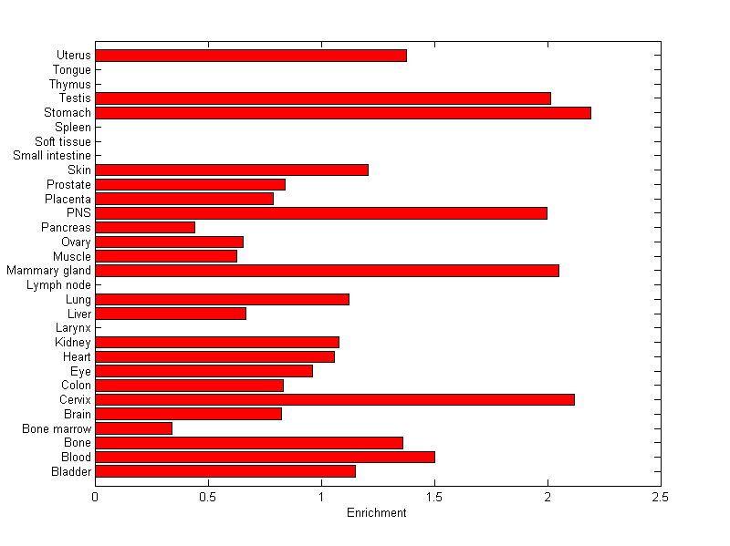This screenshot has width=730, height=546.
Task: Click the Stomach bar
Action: coord(343,113)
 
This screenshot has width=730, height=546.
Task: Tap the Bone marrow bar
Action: coord(133,428)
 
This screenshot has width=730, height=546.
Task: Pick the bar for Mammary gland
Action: coord(327,271)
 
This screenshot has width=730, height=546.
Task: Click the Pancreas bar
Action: coord(145,227)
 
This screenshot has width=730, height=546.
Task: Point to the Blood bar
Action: coord(265,457)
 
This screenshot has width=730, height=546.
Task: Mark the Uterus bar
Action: coord(251,56)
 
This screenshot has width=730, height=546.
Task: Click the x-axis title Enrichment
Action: coord(377,513)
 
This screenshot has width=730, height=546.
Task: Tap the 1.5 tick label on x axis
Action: coord(434,498)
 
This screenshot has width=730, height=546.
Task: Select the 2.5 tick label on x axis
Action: coord(661,498)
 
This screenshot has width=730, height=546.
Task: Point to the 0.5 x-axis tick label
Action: coord(208,498)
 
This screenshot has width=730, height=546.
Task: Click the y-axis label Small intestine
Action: coord(52,156)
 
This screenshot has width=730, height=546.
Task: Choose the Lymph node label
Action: coord(60,285)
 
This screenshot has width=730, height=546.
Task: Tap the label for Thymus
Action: coord(70,84)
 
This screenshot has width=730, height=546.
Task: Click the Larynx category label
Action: coord(73,328)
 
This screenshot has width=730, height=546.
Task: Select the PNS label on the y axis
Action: coord(79,213)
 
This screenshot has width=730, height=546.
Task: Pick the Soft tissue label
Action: coord(63,141)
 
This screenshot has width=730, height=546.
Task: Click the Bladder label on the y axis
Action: coord(70,471)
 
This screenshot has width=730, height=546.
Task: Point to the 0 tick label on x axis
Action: coord(95,498)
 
